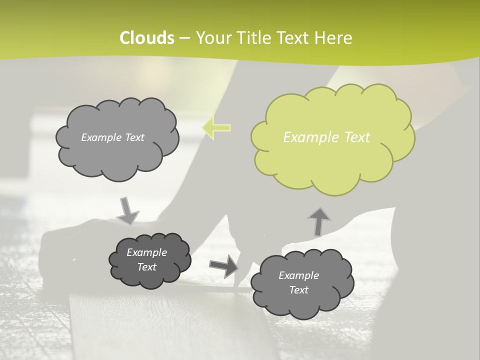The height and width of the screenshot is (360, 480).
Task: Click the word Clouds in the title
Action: click(147, 38)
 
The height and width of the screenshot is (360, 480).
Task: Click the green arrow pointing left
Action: click(216, 128)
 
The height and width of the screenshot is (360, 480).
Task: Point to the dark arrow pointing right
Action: click(223, 266)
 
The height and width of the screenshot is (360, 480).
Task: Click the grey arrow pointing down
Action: click(127, 211)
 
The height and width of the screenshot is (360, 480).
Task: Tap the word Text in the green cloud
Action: click(356, 137)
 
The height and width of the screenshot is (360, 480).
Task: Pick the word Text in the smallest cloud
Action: click(147, 267)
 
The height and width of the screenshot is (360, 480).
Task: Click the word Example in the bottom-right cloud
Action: click(298, 275)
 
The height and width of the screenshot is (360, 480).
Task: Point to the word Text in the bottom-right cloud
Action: click(298, 290)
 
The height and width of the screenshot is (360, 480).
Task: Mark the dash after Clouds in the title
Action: click(184, 38)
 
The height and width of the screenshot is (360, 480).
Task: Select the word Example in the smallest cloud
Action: click(147, 252)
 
